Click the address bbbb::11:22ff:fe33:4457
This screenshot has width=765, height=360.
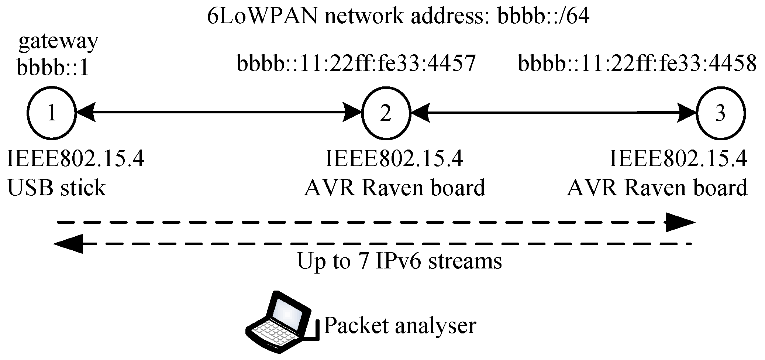click(x=356, y=64)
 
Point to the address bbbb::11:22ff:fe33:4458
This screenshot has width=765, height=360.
click(x=637, y=64)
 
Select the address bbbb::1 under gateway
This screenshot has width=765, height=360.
click(x=53, y=68)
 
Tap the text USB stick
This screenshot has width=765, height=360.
click(x=56, y=188)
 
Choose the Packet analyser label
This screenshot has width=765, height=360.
click(x=400, y=326)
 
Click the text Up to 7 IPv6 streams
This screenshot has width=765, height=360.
click(x=399, y=261)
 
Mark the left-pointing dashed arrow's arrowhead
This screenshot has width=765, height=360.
click(x=69, y=244)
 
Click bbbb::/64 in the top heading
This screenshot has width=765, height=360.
click(x=543, y=17)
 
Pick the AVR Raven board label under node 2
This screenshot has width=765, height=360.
click(x=394, y=188)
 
